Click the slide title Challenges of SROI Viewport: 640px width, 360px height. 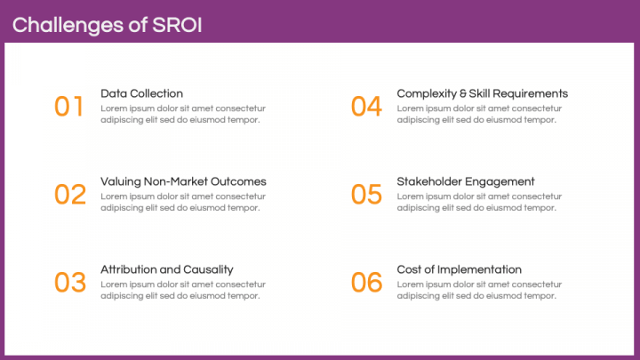[107, 24]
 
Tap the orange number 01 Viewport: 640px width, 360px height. [69, 107]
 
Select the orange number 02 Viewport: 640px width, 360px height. [70, 195]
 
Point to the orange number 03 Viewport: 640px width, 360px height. [70, 283]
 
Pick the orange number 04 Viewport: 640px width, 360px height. [366, 107]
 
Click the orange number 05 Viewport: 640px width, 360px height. [366, 195]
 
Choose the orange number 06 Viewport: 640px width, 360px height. [366, 283]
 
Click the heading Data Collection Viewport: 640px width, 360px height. [142, 93]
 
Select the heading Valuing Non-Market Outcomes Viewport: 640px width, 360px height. [183, 181]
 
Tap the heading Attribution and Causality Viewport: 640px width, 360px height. [167, 269]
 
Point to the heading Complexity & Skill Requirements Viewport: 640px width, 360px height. [482, 93]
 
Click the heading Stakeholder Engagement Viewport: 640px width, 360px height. [466, 181]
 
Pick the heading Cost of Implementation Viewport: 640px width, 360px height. [459, 269]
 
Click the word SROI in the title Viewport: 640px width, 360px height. [177, 24]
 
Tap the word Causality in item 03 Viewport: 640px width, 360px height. [208, 269]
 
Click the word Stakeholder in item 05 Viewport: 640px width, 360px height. [429, 181]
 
